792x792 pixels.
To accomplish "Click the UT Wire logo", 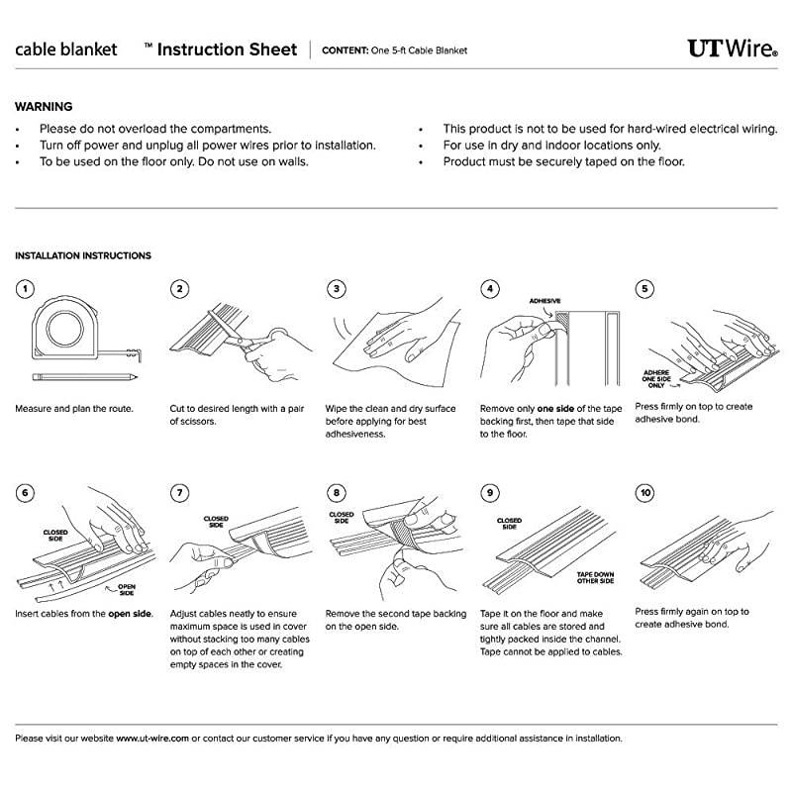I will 732,49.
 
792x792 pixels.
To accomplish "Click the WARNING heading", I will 44,107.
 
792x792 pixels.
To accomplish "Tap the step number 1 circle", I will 25,289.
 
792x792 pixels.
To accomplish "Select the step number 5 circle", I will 645,289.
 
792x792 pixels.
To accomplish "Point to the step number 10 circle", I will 645,492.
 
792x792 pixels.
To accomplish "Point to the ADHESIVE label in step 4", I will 544,300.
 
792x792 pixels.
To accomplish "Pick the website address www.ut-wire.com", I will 152,738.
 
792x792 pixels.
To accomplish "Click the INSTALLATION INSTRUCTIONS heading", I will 83,255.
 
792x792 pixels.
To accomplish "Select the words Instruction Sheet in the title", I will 228,49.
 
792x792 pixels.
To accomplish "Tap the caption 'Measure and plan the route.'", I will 74,408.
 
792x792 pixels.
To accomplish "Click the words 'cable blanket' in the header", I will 66,49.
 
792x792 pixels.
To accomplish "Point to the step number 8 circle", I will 337,492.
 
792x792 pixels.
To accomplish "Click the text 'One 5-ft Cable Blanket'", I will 420,50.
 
